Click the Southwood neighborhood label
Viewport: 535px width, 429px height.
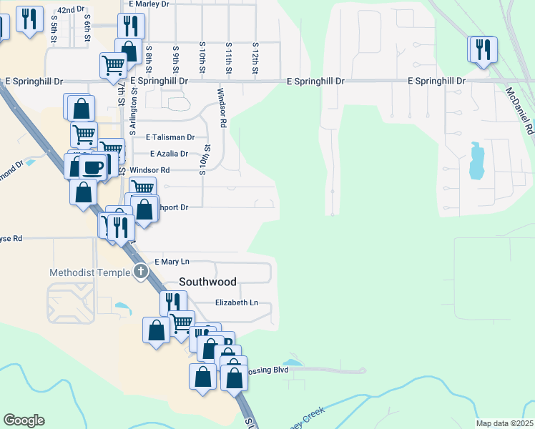coord(207,282)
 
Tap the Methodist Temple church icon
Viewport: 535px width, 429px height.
coord(141,272)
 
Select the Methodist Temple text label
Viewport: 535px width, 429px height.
coord(89,272)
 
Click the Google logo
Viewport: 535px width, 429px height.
coord(24,420)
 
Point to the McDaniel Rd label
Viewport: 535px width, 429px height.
coord(520,111)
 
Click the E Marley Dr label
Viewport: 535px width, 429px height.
coord(149,4)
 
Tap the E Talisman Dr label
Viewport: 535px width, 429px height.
coord(170,137)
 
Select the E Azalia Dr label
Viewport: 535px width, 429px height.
coord(169,154)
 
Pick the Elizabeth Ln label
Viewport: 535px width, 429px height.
coord(237,303)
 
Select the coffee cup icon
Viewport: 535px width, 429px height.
coord(92,167)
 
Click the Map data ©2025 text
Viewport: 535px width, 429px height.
coord(504,423)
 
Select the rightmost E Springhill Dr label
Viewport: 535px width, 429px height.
coord(436,82)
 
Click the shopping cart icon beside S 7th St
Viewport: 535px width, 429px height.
coord(113,66)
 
